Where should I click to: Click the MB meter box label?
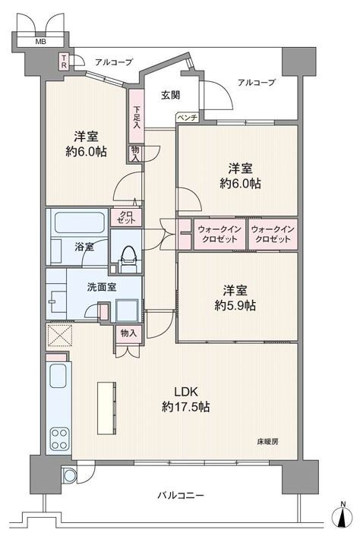point(41,42)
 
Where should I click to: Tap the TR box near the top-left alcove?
point(64,61)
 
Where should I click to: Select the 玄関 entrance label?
point(171,95)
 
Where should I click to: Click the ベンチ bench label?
point(188,118)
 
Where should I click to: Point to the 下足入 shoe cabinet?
point(137,116)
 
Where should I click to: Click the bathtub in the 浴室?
point(79,222)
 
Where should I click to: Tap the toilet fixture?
point(129,259)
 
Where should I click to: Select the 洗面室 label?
point(102,287)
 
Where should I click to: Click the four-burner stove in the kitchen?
point(58,439)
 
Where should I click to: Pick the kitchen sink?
point(58,376)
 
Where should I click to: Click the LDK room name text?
point(185,391)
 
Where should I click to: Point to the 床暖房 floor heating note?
point(267,442)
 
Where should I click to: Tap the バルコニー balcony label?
point(181,495)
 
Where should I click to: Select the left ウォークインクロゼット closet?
point(219,234)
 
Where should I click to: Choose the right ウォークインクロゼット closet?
point(273,234)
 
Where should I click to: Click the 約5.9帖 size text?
point(235,306)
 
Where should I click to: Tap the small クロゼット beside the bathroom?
point(126,218)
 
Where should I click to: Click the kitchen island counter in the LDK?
point(106,408)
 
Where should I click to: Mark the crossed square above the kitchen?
point(59,336)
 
